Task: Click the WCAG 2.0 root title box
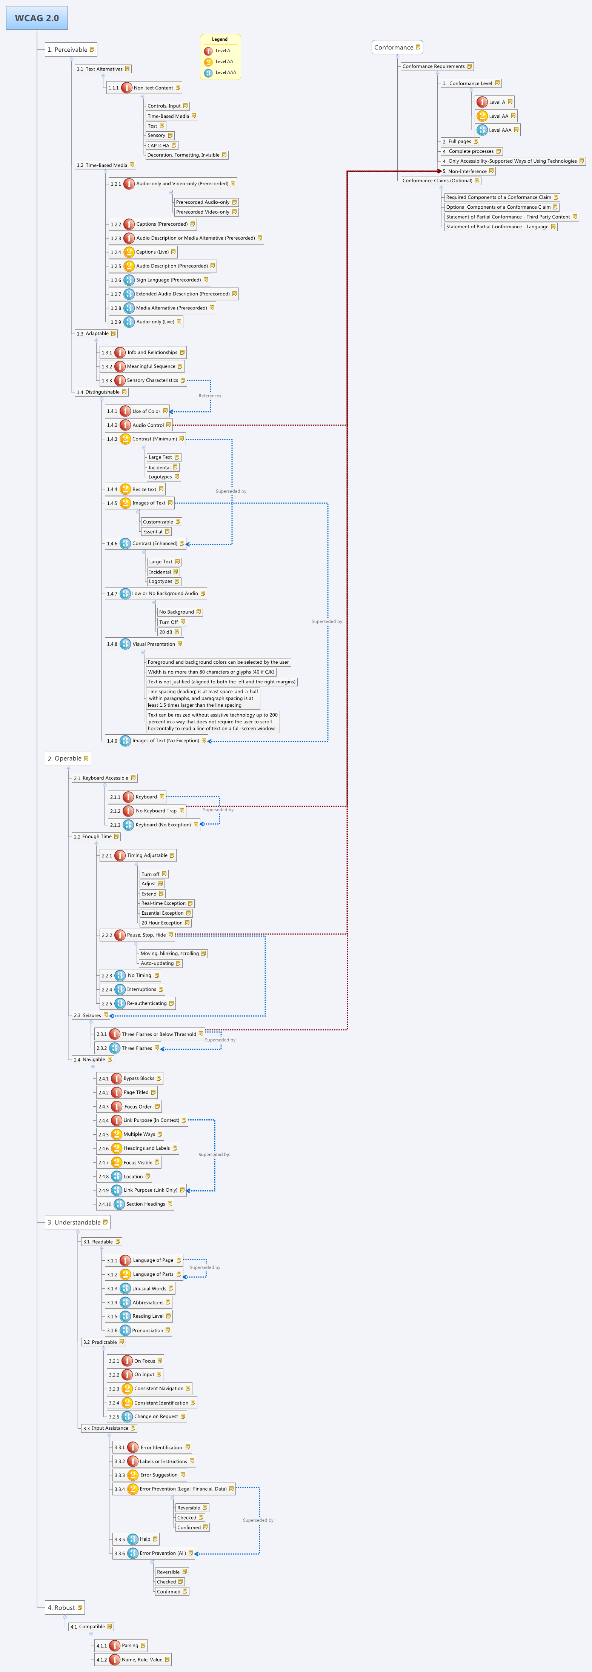coord(37,18)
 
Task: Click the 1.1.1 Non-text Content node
coord(144,88)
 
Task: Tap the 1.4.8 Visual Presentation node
coord(144,644)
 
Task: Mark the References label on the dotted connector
coord(210,396)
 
